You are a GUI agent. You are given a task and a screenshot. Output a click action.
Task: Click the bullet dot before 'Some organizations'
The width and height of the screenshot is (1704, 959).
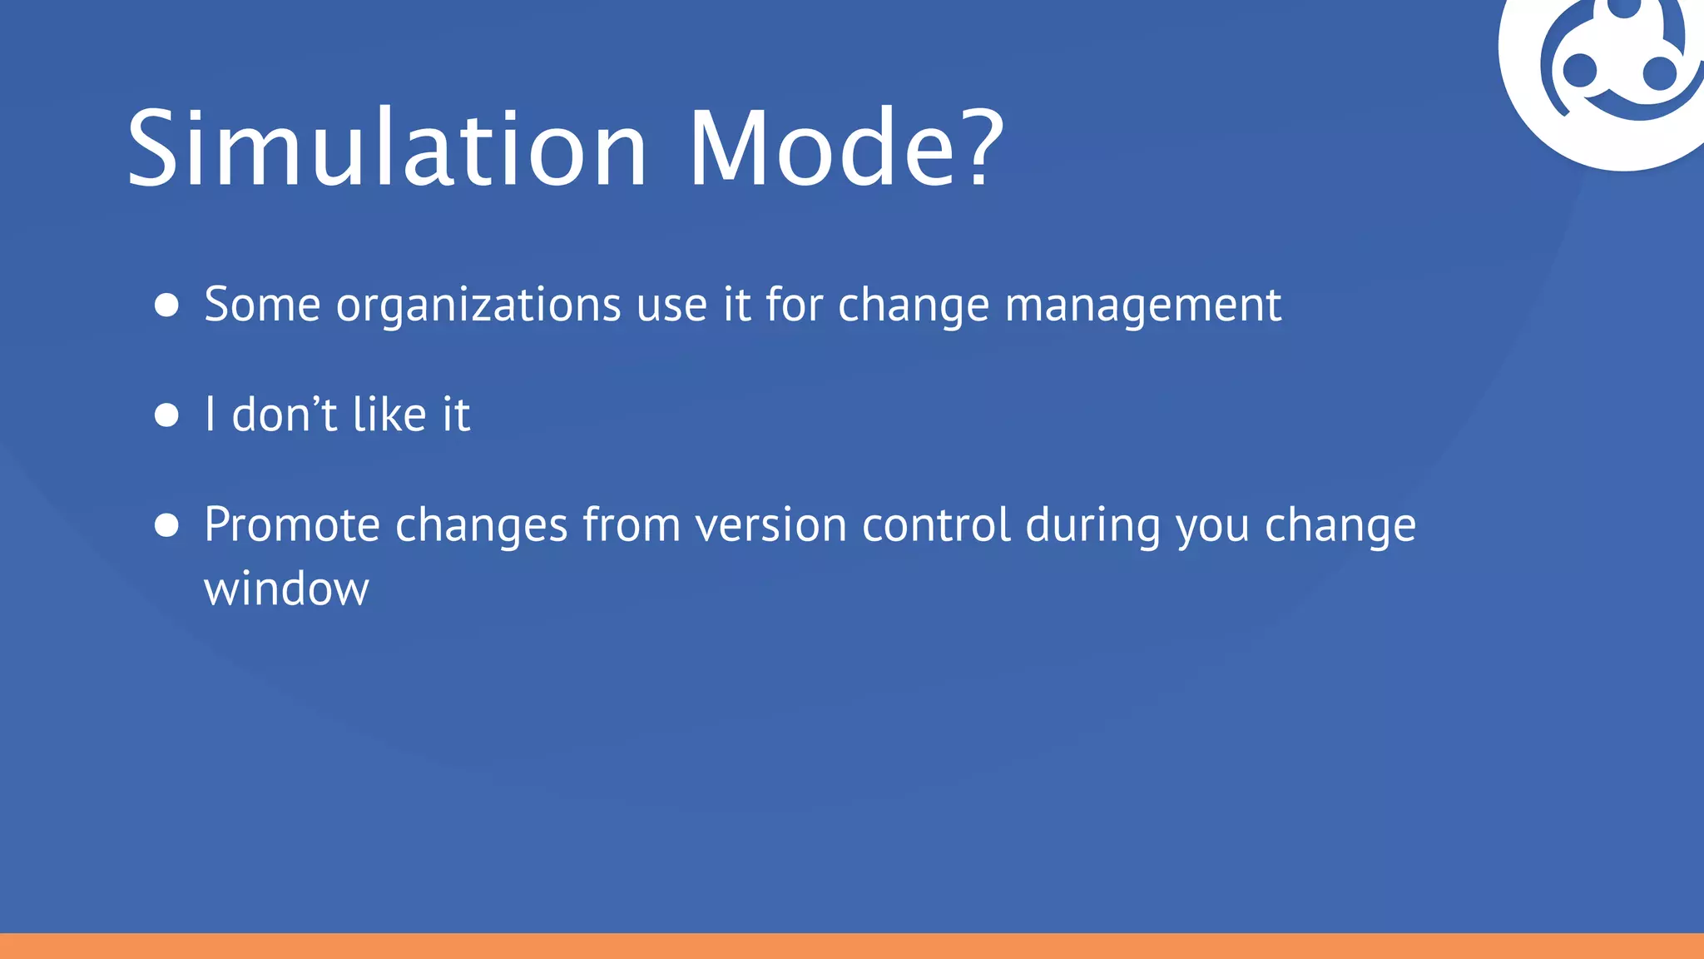click(167, 305)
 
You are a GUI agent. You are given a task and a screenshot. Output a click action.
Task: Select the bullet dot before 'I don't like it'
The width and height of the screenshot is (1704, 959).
click(167, 415)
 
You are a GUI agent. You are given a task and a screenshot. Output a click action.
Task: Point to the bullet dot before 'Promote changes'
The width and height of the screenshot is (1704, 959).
click(167, 525)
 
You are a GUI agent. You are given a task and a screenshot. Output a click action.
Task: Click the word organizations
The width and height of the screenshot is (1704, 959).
click(478, 306)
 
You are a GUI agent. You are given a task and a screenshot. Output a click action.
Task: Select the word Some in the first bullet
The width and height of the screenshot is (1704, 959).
click(262, 304)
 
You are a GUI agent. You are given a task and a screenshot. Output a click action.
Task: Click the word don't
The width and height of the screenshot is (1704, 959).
click(285, 414)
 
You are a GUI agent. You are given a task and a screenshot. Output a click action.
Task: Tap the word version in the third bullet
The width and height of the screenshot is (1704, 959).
click(770, 525)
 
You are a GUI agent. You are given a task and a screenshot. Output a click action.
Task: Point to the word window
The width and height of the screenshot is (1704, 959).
click(286, 589)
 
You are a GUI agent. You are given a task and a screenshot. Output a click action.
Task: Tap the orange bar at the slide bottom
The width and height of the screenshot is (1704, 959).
click(852, 946)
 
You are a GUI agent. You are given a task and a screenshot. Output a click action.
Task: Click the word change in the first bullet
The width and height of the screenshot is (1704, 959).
click(913, 306)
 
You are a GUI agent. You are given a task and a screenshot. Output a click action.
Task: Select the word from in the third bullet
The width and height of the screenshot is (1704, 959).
click(632, 525)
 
